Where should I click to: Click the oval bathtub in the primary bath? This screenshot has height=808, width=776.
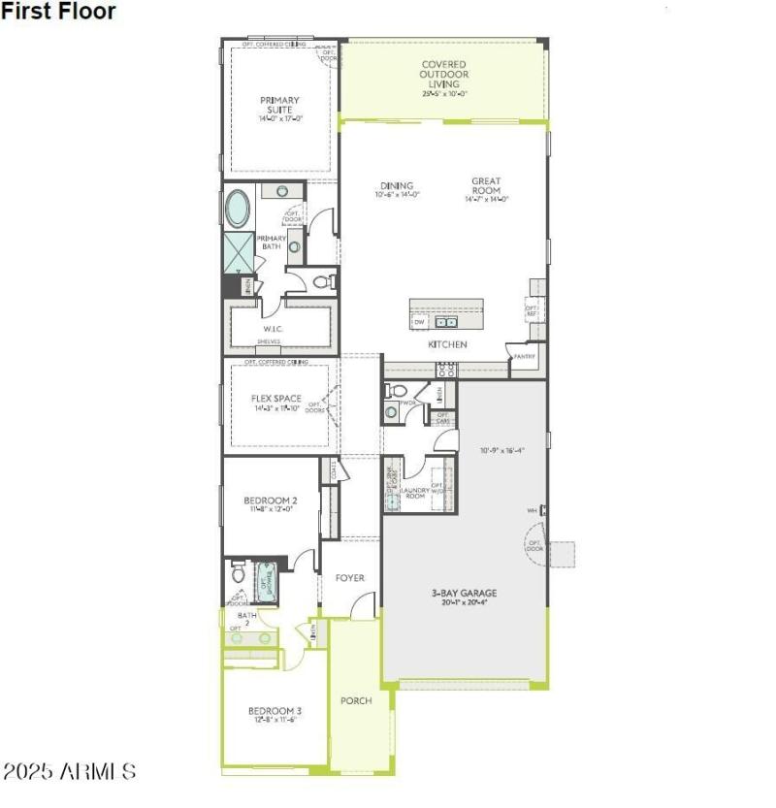click(x=238, y=210)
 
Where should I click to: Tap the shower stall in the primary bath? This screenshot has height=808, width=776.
click(x=238, y=252)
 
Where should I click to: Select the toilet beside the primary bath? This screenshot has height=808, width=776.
click(x=324, y=282)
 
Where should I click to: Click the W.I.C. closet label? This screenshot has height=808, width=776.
click(x=272, y=328)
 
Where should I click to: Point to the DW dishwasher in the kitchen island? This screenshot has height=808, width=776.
click(x=420, y=321)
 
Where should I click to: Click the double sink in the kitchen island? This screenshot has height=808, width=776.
click(x=445, y=322)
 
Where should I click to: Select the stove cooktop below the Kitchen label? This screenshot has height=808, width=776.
click(x=446, y=370)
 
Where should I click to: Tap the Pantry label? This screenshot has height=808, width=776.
click(x=525, y=356)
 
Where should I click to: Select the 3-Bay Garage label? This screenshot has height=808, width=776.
click(x=465, y=597)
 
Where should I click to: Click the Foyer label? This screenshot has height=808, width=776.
click(x=350, y=578)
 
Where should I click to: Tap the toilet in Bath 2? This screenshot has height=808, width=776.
click(x=239, y=575)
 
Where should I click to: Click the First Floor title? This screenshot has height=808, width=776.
click(x=58, y=12)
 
